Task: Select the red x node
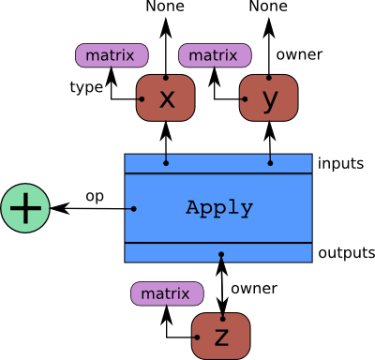coord(166,98)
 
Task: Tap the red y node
coord(270,98)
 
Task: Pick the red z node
coord(221,335)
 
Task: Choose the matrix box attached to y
coord(213,56)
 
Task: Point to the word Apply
coord(219,208)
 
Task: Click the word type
coord(86,87)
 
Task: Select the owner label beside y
coord(299,54)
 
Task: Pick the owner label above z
coord(254,288)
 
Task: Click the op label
coord(95,196)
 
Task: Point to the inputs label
coord(341,163)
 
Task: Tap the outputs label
coord(347,253)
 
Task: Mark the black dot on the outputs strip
coord(221,254)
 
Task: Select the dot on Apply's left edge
coord(133,208)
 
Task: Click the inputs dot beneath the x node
coord(166,163)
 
